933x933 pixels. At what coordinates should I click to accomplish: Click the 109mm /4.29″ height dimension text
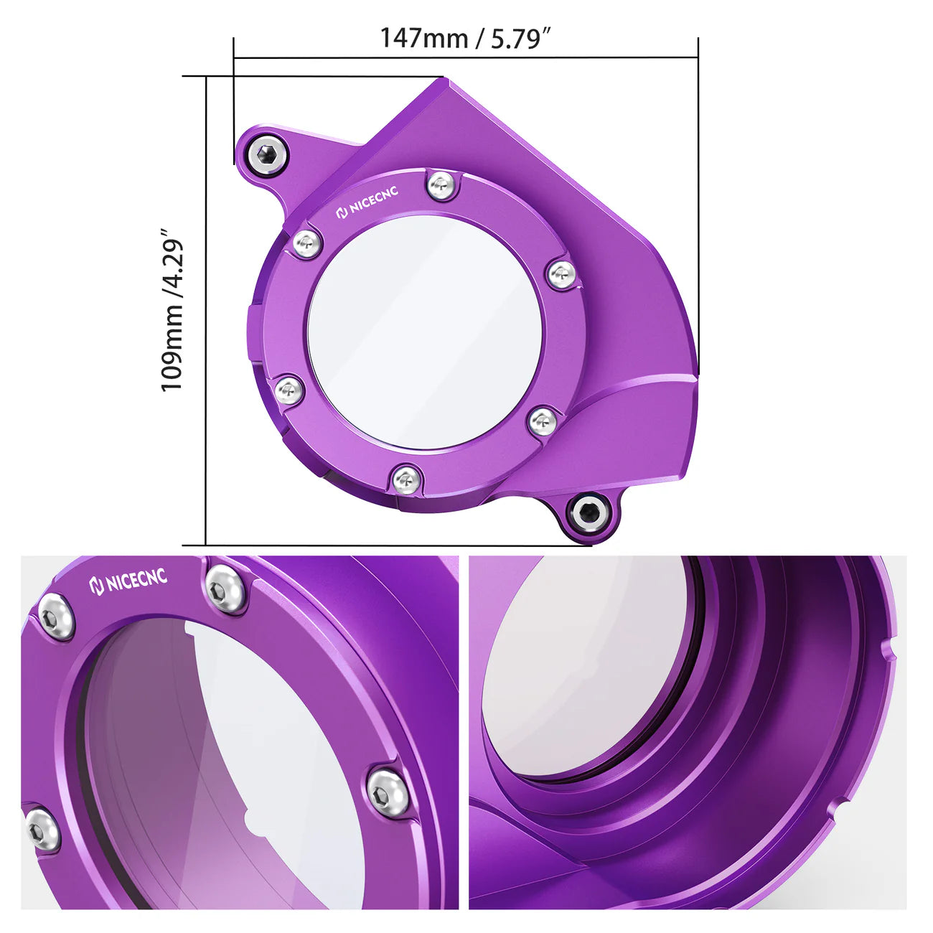(173, 310)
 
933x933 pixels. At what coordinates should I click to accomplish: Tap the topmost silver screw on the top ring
(441, 186)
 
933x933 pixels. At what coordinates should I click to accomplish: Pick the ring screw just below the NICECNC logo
(306, 244)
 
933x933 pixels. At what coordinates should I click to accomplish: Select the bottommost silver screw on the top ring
(405, 478)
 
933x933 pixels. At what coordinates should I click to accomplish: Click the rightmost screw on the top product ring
(561, 274)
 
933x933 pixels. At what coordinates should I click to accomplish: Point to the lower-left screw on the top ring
(289, 391)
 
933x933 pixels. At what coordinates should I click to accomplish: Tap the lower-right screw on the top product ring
(543, 421)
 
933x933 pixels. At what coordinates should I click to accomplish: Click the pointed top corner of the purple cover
(446, 80)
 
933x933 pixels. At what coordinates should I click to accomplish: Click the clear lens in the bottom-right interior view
(581, 667)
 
